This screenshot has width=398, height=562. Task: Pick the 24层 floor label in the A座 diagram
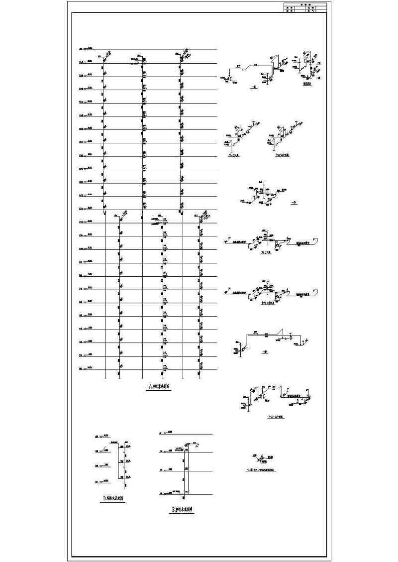coord(83,62)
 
